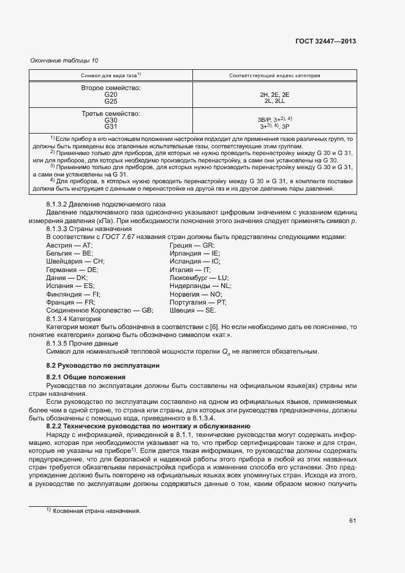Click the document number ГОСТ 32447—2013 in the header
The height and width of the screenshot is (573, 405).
[325, 42]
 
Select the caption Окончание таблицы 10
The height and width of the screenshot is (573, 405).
[64, 60]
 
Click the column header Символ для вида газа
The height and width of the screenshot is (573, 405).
[111, 75]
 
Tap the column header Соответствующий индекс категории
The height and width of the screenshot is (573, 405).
[274, 75]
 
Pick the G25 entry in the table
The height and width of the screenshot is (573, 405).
[111, 101]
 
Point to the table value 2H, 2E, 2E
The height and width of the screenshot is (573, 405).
[274, 94]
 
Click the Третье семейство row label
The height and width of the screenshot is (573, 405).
[111, 114]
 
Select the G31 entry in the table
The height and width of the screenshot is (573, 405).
[111, 127]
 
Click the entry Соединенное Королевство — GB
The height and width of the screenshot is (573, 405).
[99, 311]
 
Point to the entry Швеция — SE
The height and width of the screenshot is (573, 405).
[193, 311]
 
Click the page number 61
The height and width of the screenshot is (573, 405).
[352, 522]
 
